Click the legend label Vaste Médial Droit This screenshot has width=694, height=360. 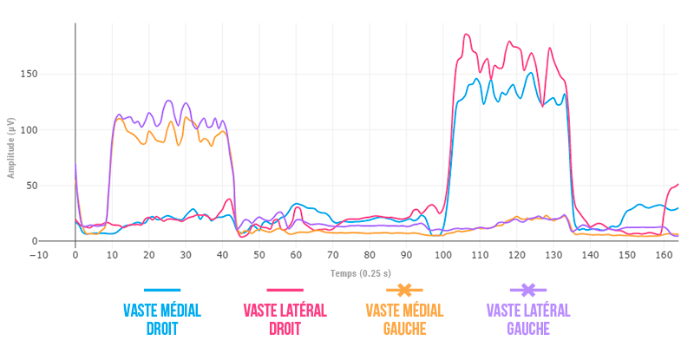coord(162,319)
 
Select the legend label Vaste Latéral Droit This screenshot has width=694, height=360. coord(285,319)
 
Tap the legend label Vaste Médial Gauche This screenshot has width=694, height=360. coord(404,319)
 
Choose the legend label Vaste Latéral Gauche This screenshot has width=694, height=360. coord(528,319)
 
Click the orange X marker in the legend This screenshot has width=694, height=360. coord(404,290)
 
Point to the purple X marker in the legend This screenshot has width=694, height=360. coord(528,290)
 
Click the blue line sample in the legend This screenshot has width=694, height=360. coord(162,290)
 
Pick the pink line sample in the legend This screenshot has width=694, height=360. coord(285,290)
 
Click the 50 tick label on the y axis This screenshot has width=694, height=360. coord(57,186)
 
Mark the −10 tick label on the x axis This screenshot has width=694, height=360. coord(38,255)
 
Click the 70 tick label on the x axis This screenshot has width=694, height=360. coord(333,255)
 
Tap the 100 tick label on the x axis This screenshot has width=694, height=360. coord(443,255)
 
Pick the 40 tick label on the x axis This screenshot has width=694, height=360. coord(222,255)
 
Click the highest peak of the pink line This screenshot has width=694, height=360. coord(466,35)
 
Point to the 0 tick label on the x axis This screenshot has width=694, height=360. coord(75,255)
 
